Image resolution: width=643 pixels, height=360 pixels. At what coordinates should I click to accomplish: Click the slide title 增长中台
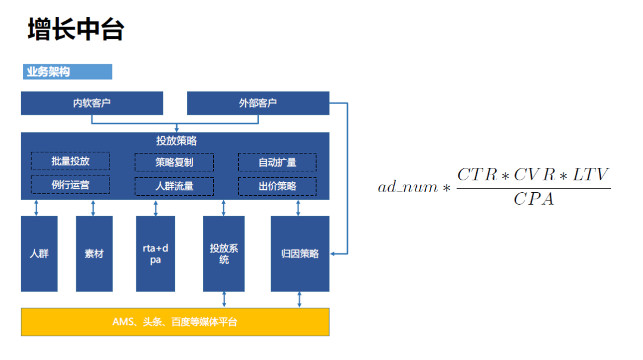76,30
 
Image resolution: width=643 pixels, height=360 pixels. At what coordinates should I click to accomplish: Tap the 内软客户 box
92,103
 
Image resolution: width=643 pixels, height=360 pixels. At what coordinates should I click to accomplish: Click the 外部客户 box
258,103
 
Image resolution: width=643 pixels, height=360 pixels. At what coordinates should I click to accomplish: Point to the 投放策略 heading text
176,141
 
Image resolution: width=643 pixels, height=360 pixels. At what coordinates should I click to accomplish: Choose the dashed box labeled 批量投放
70,161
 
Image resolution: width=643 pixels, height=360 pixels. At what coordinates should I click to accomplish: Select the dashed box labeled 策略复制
174,162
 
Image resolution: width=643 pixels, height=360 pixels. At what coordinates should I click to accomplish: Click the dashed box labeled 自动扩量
277,162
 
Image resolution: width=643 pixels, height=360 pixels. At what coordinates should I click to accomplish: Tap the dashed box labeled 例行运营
70,185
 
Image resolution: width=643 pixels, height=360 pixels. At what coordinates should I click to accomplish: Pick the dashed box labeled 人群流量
174,186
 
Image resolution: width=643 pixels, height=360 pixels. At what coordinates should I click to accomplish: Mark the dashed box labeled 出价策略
277,186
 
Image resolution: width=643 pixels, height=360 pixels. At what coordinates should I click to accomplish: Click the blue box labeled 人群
39,253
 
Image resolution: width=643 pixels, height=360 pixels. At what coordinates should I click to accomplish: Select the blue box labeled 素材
94,253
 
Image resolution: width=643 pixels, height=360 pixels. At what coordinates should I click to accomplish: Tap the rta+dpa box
155,253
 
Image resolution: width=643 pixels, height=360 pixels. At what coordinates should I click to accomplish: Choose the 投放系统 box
224,253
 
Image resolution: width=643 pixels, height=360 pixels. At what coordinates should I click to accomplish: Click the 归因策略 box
300,253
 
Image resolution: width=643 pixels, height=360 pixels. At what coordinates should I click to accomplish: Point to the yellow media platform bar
175,322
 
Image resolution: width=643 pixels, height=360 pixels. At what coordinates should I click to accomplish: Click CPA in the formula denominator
533,199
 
